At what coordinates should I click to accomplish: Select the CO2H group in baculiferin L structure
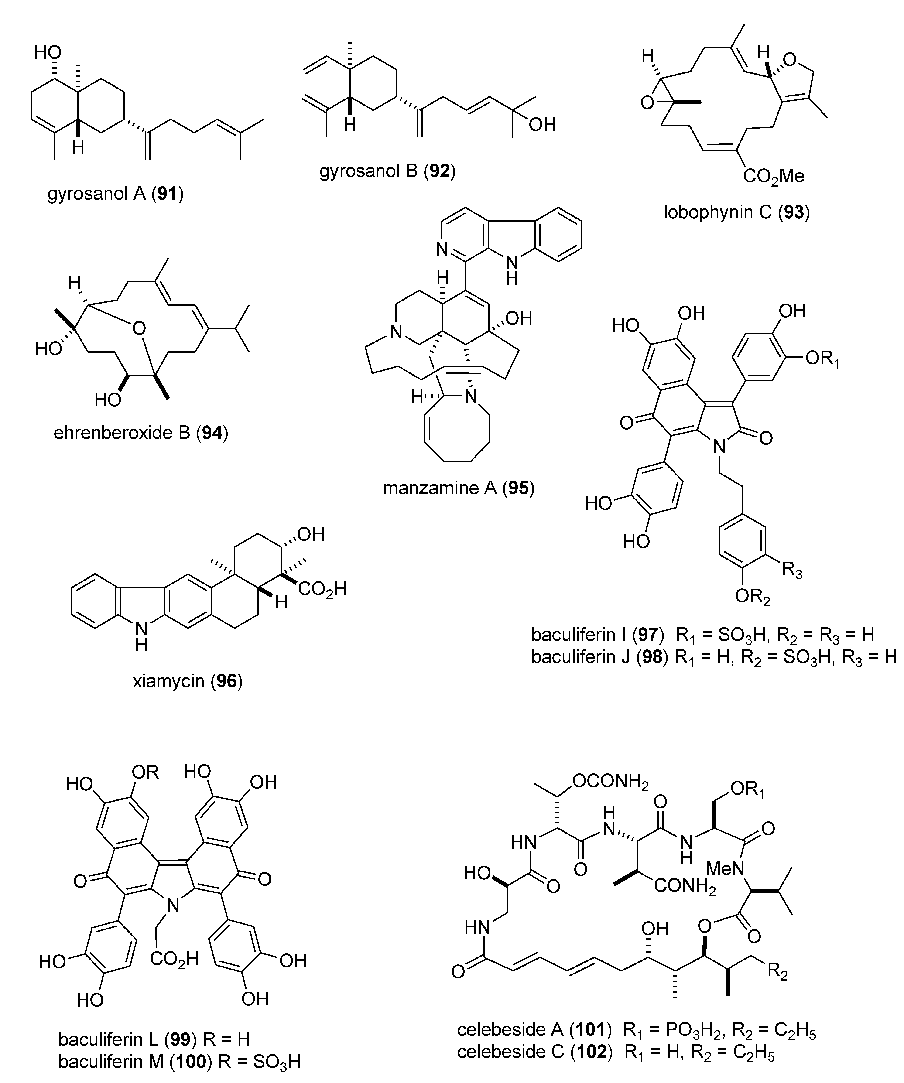click(x=174, y=959)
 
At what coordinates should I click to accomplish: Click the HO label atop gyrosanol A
click(x=48, y=52)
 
